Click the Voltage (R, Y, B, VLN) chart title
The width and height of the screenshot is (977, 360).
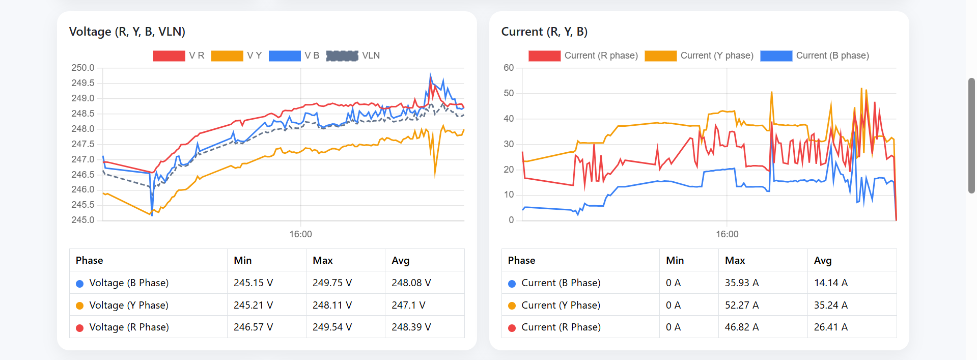point(127,32)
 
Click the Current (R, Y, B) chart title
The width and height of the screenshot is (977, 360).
point(544,32)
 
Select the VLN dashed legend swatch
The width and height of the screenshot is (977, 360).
point(342,56)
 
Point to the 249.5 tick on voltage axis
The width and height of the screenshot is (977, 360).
point(83,83)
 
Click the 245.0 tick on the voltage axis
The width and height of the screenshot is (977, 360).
point(83,220)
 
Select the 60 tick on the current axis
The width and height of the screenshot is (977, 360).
point(509,68)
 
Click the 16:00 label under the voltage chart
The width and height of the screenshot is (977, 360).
point(300,234)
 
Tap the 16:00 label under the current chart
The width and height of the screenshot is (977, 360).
point(727,234)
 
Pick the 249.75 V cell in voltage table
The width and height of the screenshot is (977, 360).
point(332,283)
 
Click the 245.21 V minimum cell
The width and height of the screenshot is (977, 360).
point(253,305)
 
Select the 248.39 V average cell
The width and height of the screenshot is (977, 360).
point(411,327)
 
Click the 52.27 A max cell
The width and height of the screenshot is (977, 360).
point(741,305)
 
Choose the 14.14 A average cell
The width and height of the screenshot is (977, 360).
point(830,283)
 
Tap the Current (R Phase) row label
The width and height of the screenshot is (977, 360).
point(561,327)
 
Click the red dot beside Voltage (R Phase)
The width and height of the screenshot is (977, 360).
point(79,327)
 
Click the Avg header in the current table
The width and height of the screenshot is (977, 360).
point(822,260)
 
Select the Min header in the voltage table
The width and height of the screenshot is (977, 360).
point(242,260)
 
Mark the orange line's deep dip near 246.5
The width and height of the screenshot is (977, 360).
point(435,174)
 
